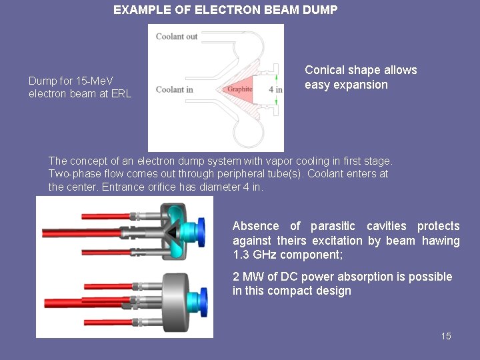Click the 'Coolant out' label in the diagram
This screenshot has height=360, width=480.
(x=177, y=36)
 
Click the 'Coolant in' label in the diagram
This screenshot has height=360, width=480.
(x=175, y=89)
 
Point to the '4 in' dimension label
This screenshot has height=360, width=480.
(x=275, y=89)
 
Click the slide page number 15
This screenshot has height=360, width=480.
(x=446, y=336)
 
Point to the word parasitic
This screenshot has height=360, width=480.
(x=333, y=226)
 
